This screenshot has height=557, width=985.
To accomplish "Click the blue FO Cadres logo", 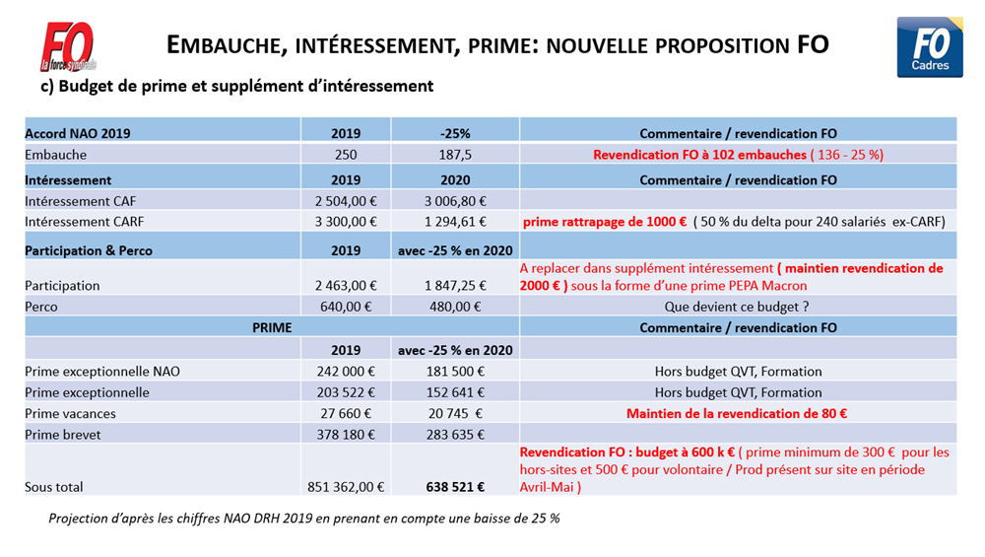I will click(930, 46).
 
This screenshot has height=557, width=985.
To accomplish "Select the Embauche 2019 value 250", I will click(346, 155).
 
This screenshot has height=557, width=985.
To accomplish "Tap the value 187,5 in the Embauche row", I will click(455, 155).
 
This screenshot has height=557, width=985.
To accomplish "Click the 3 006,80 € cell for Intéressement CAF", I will click(455, 201).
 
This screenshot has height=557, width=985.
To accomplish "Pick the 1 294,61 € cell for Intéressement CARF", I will click(455, 222).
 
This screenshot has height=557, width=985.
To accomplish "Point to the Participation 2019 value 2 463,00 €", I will click(346, 286).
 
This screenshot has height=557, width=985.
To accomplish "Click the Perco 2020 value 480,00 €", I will click(455, 307).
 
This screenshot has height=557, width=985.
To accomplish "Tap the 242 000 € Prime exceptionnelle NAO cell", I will click(346, 372).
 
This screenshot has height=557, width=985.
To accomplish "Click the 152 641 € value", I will click(455, 392).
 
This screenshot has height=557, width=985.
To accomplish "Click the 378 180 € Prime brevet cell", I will click(346, 435).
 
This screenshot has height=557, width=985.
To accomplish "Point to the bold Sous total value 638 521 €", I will click(455, 486).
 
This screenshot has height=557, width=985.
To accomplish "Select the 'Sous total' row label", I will click(55, 486).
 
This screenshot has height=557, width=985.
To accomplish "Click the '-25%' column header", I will click(455, 133).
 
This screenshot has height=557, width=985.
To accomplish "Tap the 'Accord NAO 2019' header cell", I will click(78, 133).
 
